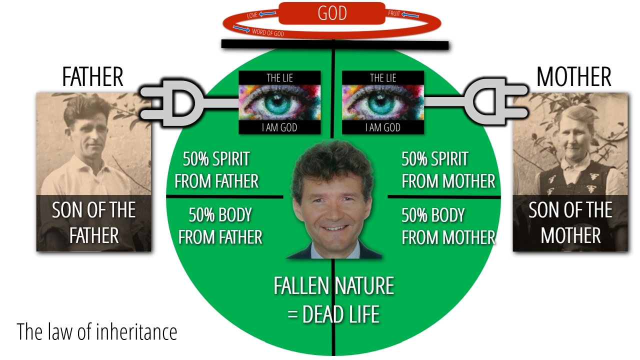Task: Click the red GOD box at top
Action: (332, 13)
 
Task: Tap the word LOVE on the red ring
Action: (252, 16)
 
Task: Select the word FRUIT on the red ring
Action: (394, 14)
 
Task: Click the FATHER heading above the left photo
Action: (92, 77)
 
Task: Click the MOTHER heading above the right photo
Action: (573, 77)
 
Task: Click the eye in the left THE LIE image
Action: (279, 102)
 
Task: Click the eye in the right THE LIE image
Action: (383, 102)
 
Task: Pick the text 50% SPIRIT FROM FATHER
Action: (216, 170)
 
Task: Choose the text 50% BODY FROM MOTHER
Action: (448, 226)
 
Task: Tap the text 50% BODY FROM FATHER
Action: (220, 226)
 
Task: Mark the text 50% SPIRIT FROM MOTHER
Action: (448, 170)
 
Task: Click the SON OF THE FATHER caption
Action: (94, 222)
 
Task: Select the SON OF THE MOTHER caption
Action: (570, 222)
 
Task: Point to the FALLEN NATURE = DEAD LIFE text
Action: (333, 300)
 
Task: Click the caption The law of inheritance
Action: (97, 331)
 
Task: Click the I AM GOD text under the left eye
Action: (279, 127)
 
